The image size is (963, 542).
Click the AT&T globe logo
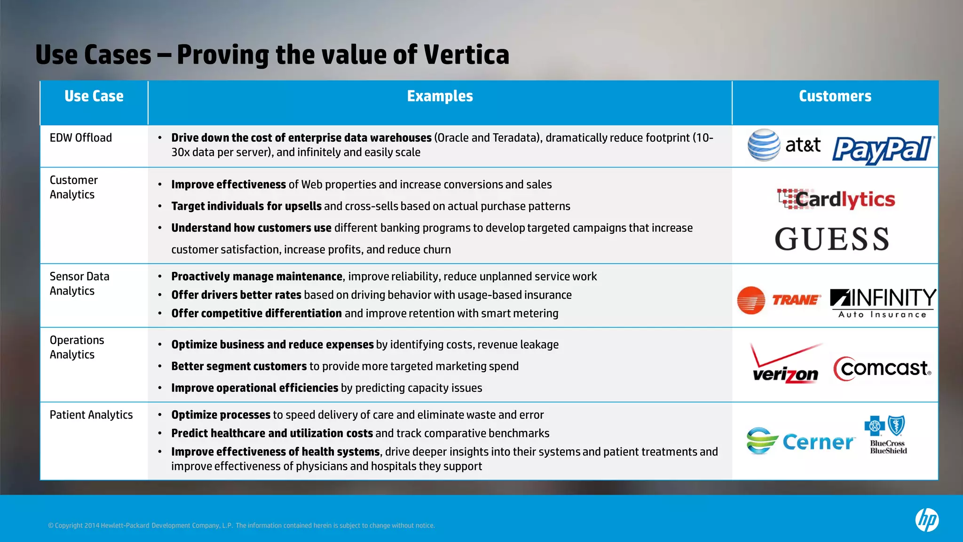coord(764,145)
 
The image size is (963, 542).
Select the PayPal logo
coord(883,150)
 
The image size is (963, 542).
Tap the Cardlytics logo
coord(836,199)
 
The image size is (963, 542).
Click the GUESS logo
coord(832,239)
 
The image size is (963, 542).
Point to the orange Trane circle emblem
coord(751,300)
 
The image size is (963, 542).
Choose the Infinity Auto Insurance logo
coord(883,303)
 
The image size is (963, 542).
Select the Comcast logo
coord(882,368)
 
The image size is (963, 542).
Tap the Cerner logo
coord(800,441)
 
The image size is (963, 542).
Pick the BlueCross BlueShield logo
coord(887,435)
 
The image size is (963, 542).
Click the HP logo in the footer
coord(927,520)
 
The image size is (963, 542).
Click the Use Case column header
coord(94,96)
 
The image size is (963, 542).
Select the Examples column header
coord(440,96)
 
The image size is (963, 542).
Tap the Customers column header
coord(835,96)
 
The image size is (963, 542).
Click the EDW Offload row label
coord(81,138)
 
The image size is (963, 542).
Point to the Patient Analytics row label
coord(91,415)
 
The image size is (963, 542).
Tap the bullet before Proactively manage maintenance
coord(160,277)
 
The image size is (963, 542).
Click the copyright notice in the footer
coord(241,526)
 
